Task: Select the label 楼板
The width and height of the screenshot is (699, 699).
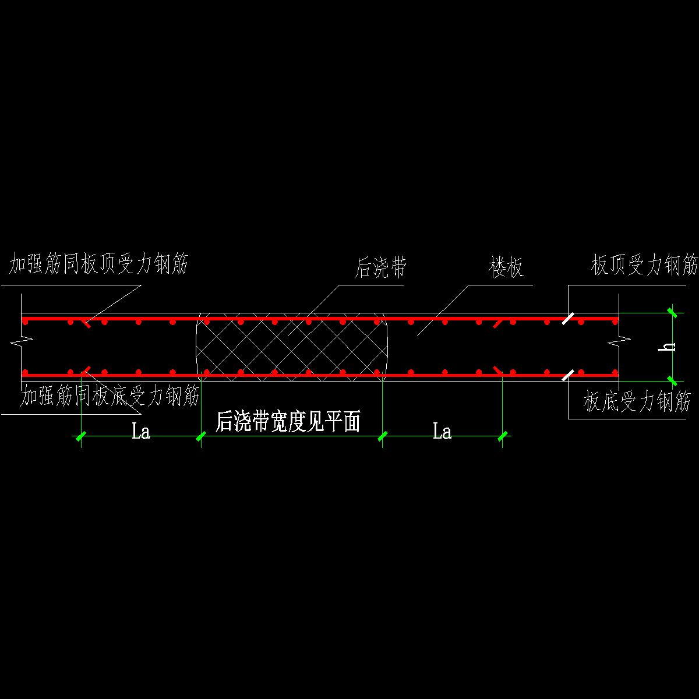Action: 506,268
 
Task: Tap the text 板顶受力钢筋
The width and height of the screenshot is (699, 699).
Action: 644,266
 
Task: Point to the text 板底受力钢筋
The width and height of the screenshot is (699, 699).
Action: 637,402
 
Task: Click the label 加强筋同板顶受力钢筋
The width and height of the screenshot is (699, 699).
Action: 98,265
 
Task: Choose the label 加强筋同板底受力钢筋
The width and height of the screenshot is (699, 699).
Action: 110,397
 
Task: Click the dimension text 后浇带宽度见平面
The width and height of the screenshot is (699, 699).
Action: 288,422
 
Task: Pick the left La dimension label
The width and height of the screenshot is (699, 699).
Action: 141,432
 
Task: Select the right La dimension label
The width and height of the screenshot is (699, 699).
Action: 442,432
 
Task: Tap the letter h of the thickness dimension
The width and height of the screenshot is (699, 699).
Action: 670,346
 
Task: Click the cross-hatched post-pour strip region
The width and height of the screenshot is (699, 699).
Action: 291,347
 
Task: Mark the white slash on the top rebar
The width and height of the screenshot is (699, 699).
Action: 568,318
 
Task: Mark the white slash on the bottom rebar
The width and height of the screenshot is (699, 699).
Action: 568,375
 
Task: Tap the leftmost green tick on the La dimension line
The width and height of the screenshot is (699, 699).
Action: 81,436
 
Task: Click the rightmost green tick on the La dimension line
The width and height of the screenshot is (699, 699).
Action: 503,436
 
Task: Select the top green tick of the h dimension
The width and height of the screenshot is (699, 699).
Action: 672,313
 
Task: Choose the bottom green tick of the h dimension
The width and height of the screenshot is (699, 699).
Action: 672,381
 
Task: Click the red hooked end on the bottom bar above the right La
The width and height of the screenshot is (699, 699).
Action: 499,370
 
